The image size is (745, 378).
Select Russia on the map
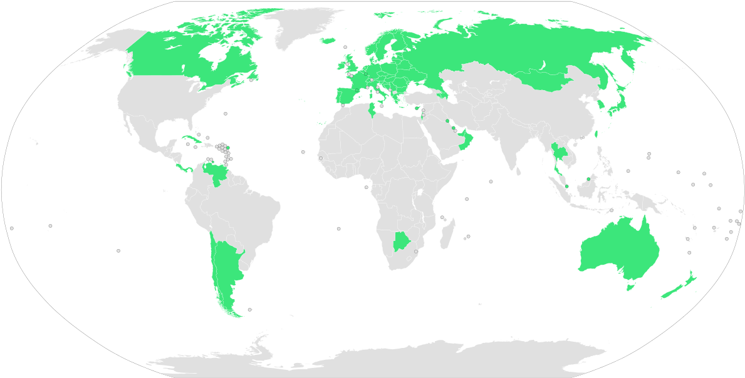501,50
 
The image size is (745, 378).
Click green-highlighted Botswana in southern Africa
400,241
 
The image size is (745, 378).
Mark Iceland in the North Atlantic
328,41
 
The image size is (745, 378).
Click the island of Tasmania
632,287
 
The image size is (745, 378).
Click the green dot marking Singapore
566,186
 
